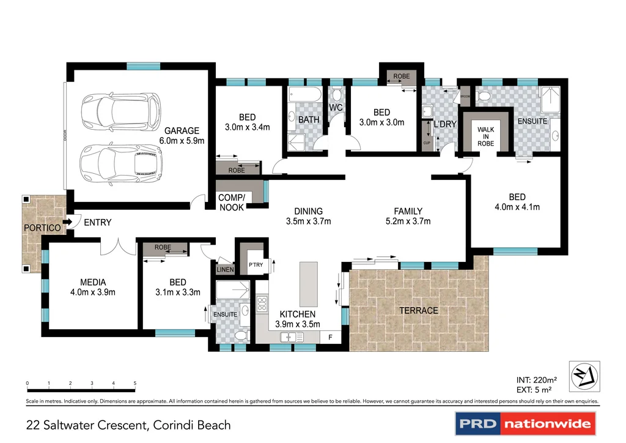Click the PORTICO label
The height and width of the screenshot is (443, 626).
click(x=42, y=228)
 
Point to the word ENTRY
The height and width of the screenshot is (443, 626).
click(x=97, y=222)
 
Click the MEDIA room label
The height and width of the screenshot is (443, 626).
click(x=93, y=282)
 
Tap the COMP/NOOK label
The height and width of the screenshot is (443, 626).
click(x=231, y=203)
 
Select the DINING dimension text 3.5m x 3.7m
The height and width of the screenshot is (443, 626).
click(x=309, y=221)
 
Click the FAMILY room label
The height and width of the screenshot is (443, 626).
click(x=408, y=211)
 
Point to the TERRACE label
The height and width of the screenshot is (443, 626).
click(x=419, y=310)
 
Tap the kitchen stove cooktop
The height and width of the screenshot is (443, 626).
click(x=262, y=303)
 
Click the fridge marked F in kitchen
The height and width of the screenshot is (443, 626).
click(x=331, y=337)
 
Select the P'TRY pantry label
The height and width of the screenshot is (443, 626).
click(x=255, y=266)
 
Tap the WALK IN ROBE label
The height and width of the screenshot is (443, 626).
click(x=486, y=136)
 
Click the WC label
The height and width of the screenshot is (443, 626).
click(x=336, y=108)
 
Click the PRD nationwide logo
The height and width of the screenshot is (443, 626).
click(x=525, y=423)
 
